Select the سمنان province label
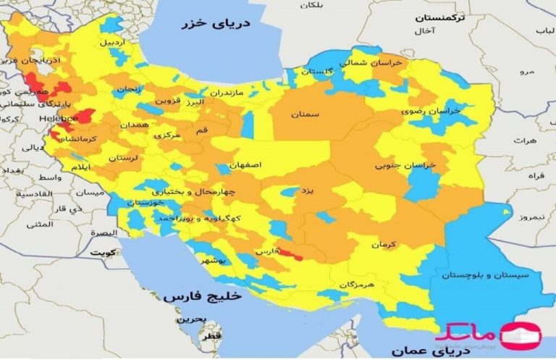point(305,114)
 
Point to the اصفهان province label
point(245,165)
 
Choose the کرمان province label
point(385,246)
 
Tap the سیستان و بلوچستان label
point(487,275)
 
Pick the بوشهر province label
point(213,259)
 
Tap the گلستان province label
point(316,71)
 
